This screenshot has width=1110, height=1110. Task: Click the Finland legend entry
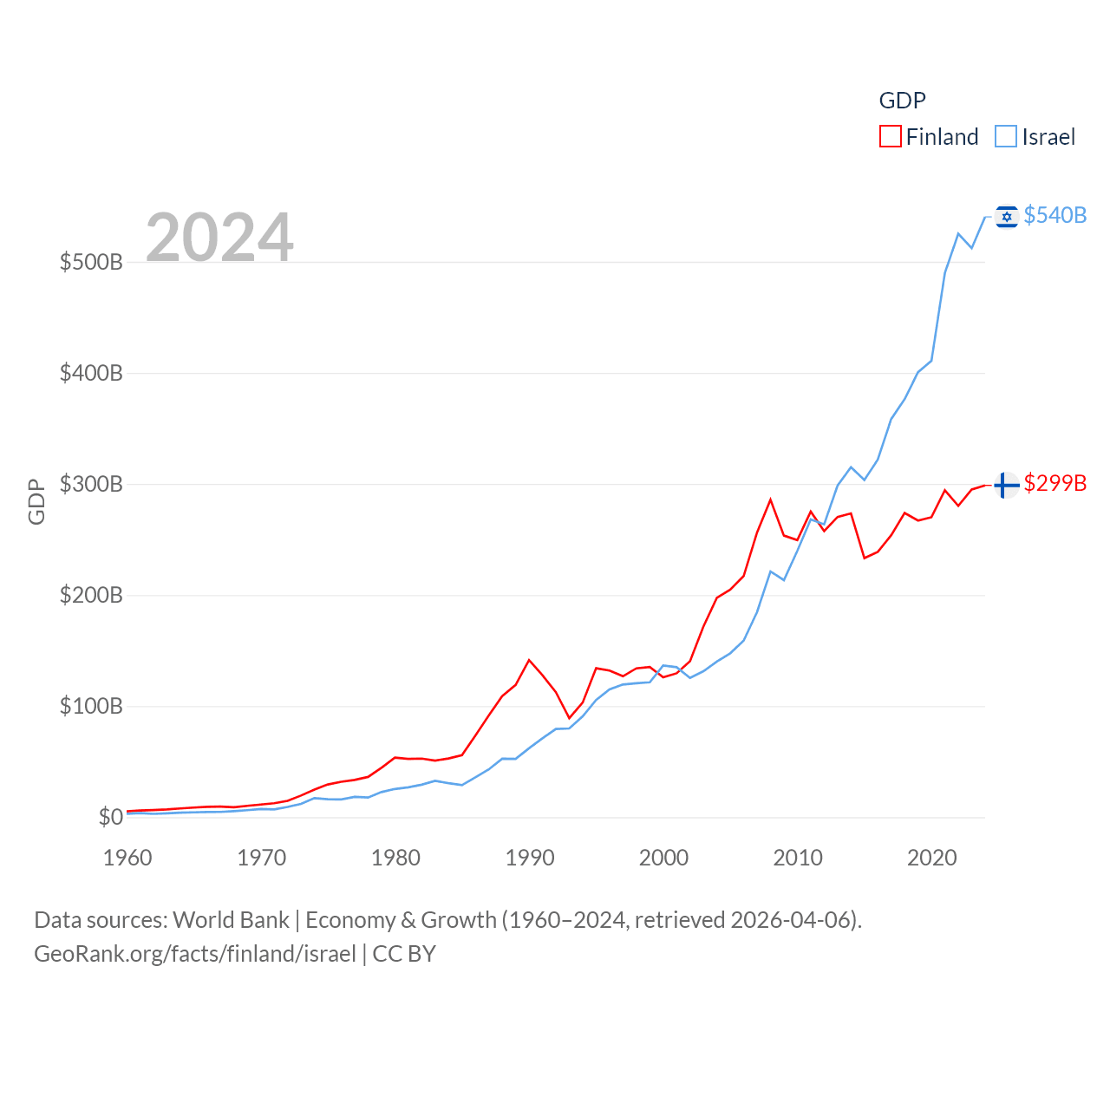click(930, 137)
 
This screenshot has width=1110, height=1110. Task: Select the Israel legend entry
click(1035, 137)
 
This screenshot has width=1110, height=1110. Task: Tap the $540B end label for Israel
click(1054, 215)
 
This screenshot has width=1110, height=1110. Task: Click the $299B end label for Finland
click(1054, 483)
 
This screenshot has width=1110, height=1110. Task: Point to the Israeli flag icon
click(1006, 216)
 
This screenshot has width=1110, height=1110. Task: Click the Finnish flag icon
click(1006, 485)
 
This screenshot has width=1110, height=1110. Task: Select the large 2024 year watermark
click(219, 238)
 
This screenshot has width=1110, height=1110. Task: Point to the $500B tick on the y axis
click(91, 262)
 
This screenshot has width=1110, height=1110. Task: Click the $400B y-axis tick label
click(91, 373)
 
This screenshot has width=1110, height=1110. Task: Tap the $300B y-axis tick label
click(91, 484)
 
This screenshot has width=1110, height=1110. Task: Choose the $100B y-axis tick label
click(91, 706)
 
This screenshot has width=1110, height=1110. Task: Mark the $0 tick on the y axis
click(110, 817)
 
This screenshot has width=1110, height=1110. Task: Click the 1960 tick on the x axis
click(127, 858)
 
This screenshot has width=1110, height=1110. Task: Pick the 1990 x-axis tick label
click(530, 858)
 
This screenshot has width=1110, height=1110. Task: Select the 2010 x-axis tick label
click(798, 858)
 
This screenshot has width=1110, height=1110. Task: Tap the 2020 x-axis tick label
click(932, 858)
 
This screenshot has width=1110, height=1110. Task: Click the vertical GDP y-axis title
click(36, 501)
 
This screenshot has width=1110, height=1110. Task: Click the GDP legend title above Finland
click(902, 101)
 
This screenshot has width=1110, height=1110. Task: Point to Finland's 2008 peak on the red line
click(770, 499)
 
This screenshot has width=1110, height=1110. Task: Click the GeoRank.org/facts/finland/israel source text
click(195, 954)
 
